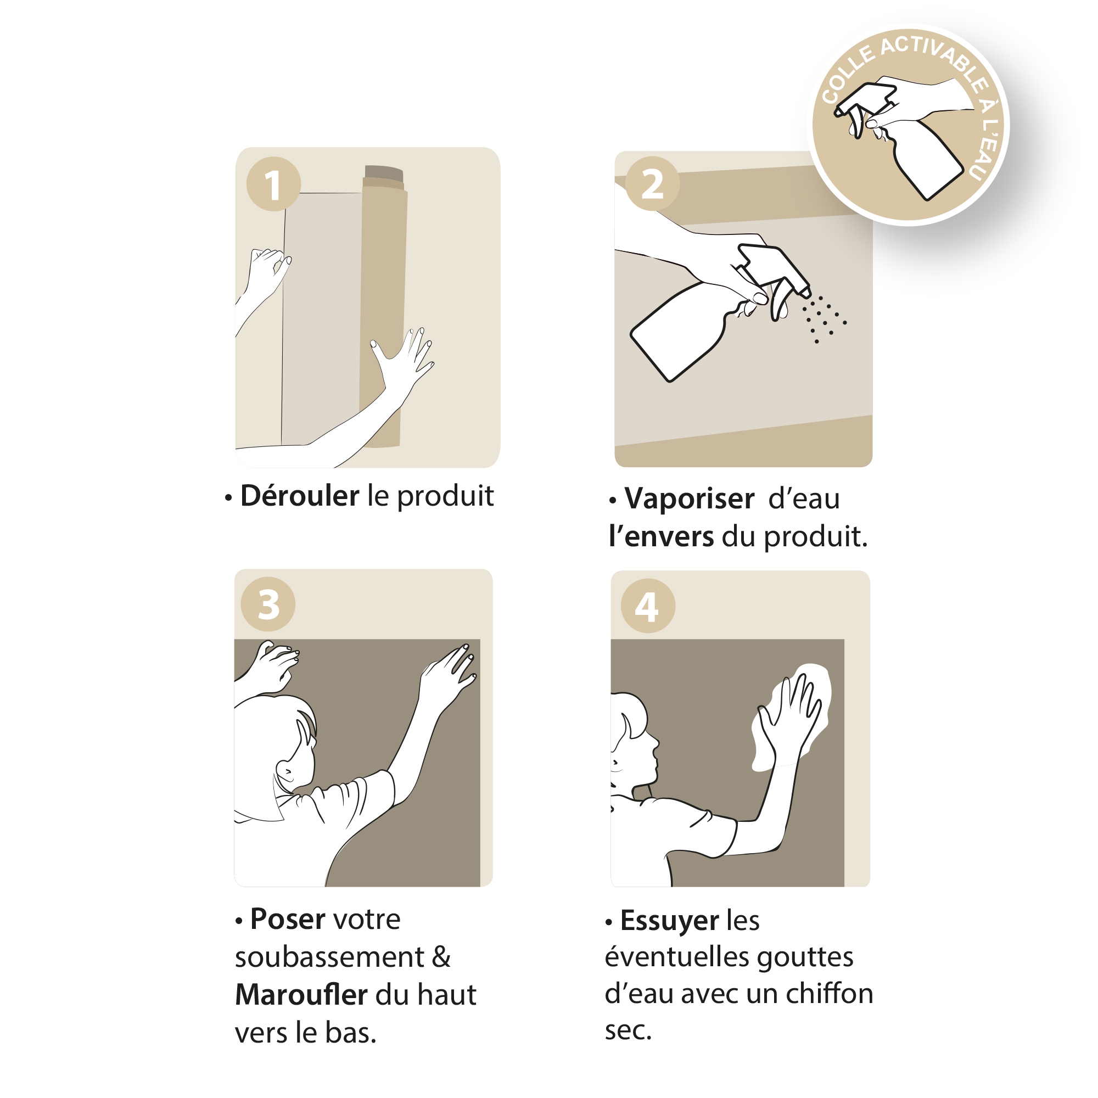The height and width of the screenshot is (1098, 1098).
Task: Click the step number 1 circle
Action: tap(273, 184)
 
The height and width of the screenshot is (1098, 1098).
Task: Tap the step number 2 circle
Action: tap(652, 183)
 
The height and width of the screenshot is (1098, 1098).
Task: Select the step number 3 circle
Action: tap(268, 603)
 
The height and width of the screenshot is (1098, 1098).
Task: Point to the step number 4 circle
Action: tap(648, 606)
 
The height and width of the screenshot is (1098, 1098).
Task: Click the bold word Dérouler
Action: tap(300, 496)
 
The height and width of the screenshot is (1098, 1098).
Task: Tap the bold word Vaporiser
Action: tap(690, 498)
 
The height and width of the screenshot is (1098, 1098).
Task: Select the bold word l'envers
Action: tap(661, 536)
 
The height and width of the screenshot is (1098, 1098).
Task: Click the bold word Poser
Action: tap(288, 919)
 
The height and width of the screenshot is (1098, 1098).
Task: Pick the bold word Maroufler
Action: tap(301, 995)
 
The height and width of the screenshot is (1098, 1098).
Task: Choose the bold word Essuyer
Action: tap(669, 920)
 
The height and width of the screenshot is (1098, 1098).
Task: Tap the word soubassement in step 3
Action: tap(329, 957)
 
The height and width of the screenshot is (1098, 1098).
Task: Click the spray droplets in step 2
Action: tap(824, 318)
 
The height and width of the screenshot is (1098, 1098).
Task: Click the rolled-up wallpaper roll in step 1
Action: tap(383, 307)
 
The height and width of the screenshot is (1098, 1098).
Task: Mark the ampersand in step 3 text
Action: tap(441, 957)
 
